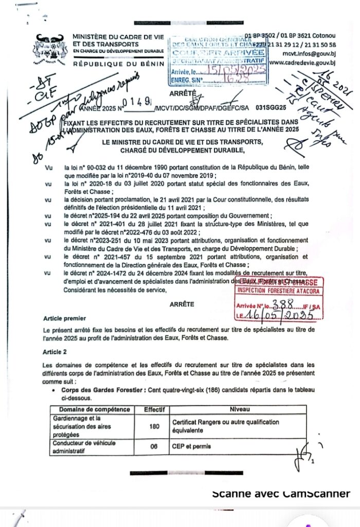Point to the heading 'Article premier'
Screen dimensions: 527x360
[x=65, y=319]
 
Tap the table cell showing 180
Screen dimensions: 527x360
[x=153, y=426]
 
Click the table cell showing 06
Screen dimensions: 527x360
[x=153, y=447]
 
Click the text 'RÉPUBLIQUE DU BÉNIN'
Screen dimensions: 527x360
[x=118, y=64]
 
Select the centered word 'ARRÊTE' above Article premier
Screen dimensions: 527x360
[x=182, y=304]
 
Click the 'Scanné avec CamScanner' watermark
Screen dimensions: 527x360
[x=281, y=494]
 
